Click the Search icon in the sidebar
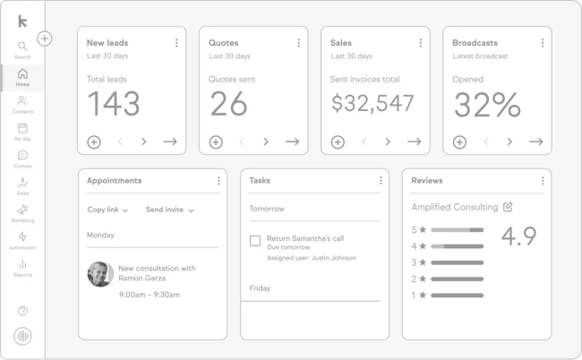22,47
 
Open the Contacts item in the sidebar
22,102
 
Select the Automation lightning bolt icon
22,238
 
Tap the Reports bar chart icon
22,265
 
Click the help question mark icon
22,311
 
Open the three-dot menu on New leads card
176,43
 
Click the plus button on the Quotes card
216,141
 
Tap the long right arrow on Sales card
414,141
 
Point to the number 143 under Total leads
114,105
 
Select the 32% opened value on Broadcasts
487,105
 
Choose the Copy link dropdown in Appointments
107,210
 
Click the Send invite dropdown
170,210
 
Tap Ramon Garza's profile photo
99,273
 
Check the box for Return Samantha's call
255,240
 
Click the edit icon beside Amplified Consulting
508,207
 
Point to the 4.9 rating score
518,236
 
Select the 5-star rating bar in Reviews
457,230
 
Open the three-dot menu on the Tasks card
381,181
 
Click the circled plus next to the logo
45,39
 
